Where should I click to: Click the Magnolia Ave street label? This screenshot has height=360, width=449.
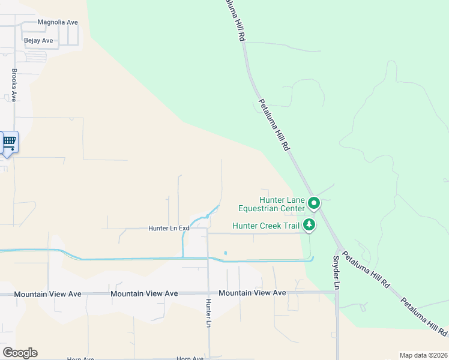(58, 22)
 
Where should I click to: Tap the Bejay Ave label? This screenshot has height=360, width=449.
(38, 41)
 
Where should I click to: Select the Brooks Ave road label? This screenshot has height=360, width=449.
(14, 85)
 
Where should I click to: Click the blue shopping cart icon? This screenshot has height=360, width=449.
(9, 142)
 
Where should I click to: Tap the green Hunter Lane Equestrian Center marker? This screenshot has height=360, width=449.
(313, 204)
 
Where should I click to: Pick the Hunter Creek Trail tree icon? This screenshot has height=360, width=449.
(309, 225)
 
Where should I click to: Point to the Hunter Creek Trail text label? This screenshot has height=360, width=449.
(265, 226)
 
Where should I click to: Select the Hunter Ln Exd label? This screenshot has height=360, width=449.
(169, 229)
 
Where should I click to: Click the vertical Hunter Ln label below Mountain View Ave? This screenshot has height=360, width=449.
(208, 313)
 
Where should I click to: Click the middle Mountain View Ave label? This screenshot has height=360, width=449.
(144, 293)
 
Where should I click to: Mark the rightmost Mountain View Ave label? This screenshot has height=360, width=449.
(252, 293)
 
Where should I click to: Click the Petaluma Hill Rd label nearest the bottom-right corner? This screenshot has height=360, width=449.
(424, 316)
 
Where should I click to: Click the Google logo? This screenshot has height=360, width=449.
(20, 353)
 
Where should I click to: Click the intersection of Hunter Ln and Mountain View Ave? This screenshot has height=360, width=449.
(208, 293)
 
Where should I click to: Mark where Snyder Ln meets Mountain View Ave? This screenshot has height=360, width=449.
(336, 292)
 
